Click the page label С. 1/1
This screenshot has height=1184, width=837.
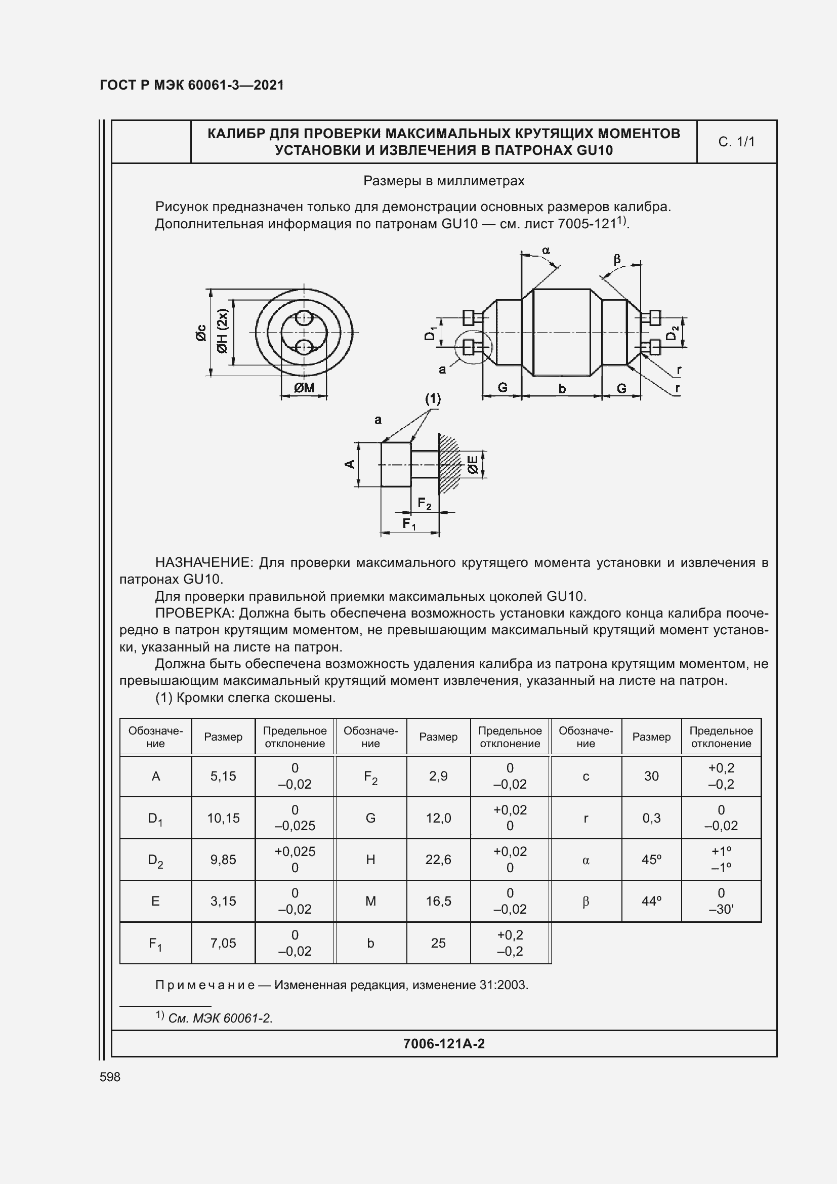(736, 142)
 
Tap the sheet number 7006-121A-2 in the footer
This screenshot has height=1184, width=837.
(444, 1044)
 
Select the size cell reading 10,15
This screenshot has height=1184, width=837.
(223, 818)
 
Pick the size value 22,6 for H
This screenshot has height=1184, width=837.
(438, 859)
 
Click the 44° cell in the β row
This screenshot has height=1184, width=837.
(651, 901)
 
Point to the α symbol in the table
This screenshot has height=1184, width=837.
(585, 860)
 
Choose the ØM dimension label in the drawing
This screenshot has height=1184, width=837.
(304, 388)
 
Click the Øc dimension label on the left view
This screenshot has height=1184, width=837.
(200, 333)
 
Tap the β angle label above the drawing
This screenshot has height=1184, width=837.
(617, 259)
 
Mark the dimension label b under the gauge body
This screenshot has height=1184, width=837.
(562, 389)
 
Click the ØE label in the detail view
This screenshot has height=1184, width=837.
(473, 465)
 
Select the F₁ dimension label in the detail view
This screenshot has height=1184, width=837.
(409, 524)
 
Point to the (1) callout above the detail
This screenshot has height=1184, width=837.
(433, 398)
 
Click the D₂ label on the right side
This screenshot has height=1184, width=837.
(672, 334)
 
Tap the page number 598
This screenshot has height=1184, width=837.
(110, 1077)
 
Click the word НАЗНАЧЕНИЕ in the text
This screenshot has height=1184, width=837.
(203, 562)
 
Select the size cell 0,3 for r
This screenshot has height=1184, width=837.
(651, 818)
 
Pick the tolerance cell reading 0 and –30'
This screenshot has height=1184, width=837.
(721, 901)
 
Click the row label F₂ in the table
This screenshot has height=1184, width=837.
(370, 777)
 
